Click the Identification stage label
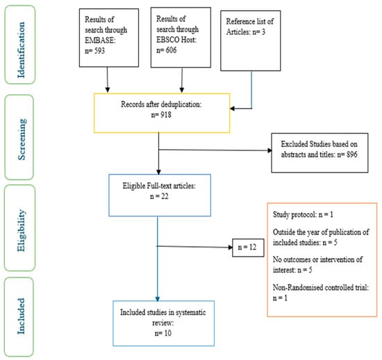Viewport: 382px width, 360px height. pos(21,50)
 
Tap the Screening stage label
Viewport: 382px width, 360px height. pos(22,139)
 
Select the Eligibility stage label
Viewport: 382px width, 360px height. pos(21,230)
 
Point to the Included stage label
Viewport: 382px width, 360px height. pos(21,316)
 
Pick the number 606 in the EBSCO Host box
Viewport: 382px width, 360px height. pos(171,50)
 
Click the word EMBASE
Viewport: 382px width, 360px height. pos(100,40)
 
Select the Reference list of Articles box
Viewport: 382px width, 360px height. pos(251,41)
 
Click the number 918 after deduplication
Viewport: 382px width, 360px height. pos(166,114)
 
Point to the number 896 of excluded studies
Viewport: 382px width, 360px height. pos(352,154)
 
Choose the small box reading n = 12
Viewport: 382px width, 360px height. pos(248,248)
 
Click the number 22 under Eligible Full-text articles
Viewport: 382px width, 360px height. pos(165,196)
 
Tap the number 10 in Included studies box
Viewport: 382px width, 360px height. pos(167,333)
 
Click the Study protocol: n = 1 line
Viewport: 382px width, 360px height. pos(303,214)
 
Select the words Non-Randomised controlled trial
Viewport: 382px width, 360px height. pos(321,287)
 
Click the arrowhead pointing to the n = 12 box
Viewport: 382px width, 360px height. pos(230,248)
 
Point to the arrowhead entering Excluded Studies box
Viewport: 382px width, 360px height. pos(269,151)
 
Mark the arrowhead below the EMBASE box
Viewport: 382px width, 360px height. pos(108,89)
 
